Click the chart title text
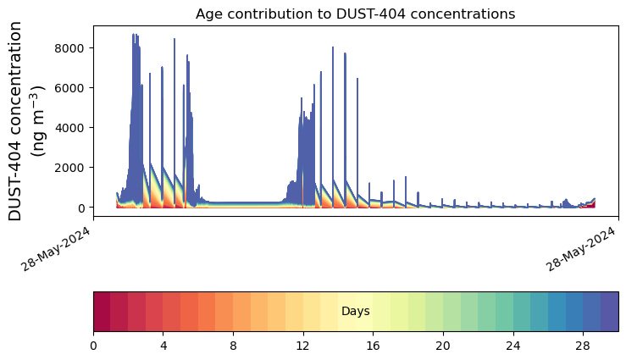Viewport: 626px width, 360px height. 355,14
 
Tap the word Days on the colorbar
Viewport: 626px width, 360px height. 355,312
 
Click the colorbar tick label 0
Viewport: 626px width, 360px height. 93,346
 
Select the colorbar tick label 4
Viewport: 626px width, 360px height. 163,346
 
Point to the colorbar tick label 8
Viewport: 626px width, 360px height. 233,346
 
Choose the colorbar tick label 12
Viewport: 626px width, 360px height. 303,346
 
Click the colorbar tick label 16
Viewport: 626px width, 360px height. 373,346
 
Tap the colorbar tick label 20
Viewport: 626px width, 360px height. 443,346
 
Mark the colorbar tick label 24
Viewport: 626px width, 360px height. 512,346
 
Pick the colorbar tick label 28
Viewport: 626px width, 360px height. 583,346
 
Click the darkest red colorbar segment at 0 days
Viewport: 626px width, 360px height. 102,311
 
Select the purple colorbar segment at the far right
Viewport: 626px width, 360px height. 609,311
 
